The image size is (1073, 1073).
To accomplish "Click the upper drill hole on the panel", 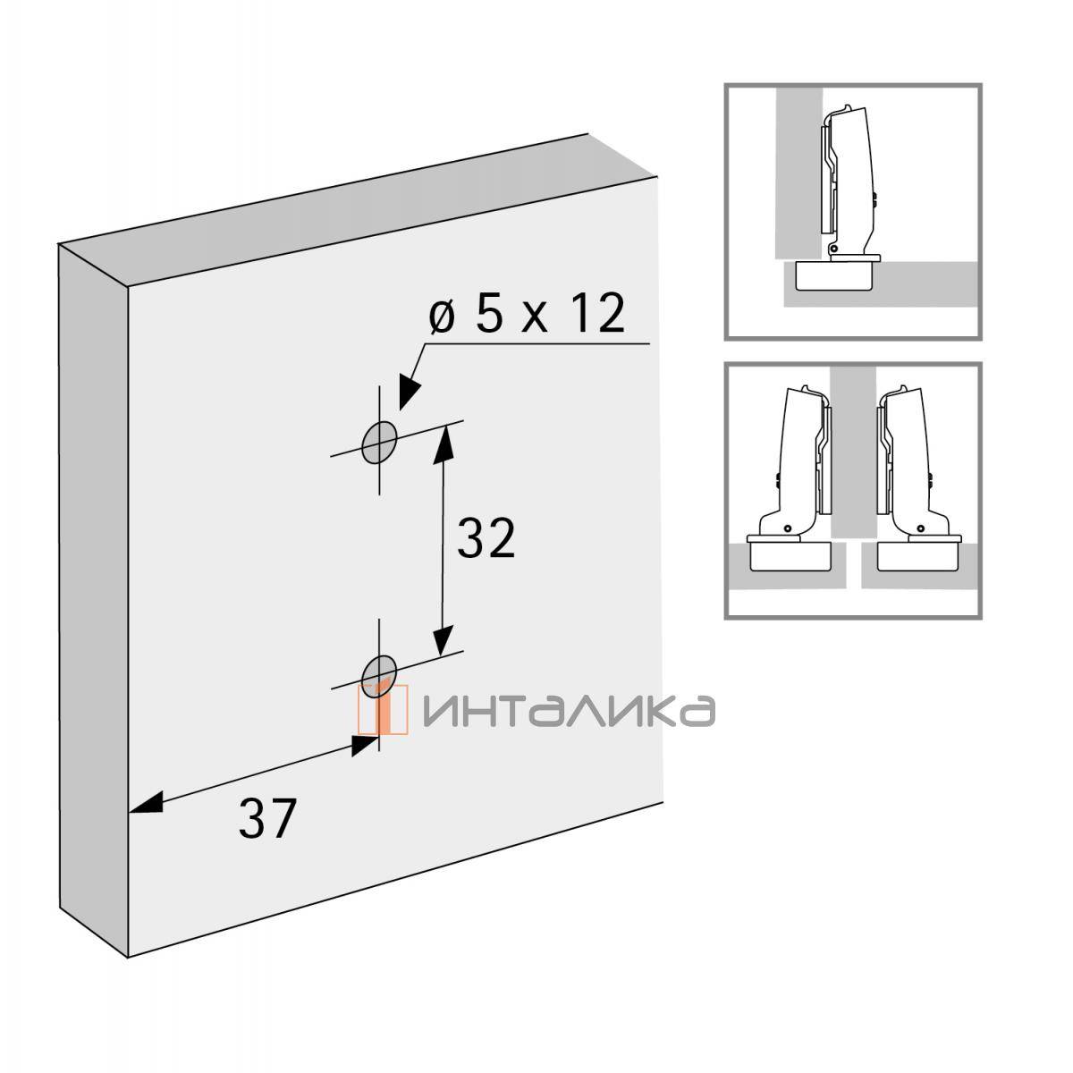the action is [x=379, y=443].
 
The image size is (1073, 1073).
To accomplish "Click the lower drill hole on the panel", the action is [x=379, y=676].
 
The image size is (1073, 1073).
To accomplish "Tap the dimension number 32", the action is [x=486, y=537].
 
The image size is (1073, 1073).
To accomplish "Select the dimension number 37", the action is [x=266, y=818].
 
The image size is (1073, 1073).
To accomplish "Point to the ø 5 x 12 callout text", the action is [x=527, y=314].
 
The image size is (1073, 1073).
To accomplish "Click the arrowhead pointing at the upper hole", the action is [x=410, y=392].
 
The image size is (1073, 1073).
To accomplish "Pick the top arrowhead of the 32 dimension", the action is [x=444, y=445].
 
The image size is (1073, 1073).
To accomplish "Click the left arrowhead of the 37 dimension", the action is [x=146, y=803].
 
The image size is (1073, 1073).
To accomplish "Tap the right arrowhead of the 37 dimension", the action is [x=365, y=745].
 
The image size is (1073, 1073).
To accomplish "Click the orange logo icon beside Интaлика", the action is [x=383, y=709].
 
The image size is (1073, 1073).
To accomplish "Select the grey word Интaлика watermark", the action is [x=569, y=710].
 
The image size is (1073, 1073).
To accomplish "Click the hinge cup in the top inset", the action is [x=833, y=275].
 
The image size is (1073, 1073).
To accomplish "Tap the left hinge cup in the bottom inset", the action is [x=790, y=556].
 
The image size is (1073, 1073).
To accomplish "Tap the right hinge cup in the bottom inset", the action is [x=919, y=556].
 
